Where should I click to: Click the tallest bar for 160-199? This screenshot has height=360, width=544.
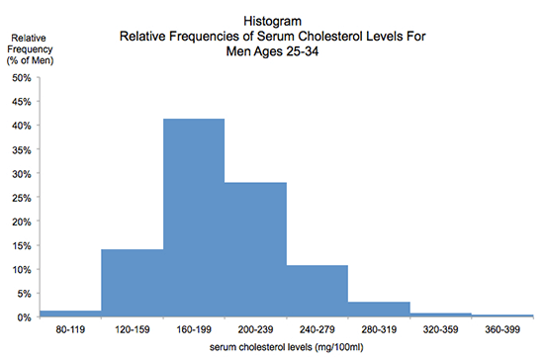coord(194,218)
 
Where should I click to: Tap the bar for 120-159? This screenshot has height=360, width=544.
coord(132,283)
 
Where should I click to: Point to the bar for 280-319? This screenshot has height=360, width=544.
coord(379,309)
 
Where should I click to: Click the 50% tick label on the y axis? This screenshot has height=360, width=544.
coord(20,76)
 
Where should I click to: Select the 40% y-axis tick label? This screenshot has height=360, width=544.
coord(20,125)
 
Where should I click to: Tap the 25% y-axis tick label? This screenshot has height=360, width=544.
coord(20,197)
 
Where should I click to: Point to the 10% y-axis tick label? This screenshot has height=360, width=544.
coord(20,269)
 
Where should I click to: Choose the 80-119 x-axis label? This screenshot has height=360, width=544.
coord(70,328)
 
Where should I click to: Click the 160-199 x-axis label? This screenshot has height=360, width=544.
coord(194,328)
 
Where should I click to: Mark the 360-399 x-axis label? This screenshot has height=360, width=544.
coord(502,328)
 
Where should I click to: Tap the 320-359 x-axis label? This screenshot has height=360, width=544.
coord(441,328)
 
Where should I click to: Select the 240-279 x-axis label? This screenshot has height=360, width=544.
coord(317,328)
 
